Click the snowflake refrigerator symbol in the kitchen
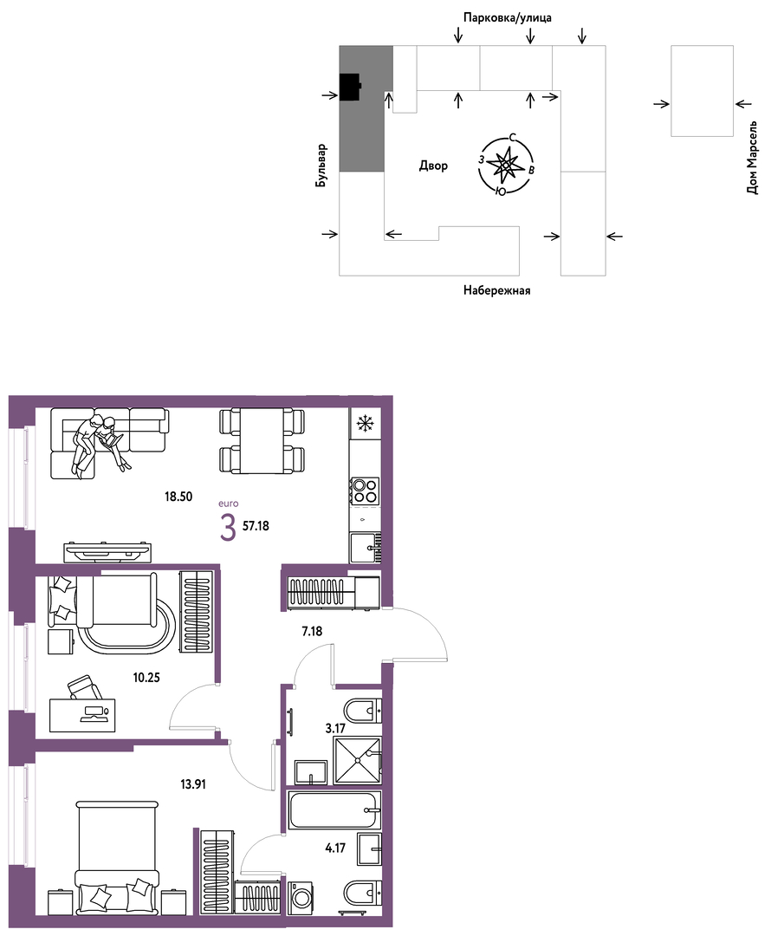point(364,424)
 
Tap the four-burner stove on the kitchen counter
point(364,490)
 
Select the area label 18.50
point(178,496)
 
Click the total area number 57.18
point(256,526)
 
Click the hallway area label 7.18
point(312,630)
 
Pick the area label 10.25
point(146,678)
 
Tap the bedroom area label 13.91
point(192,784)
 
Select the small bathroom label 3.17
point(335,728)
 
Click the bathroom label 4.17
point(335,848)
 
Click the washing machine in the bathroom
point(301,899)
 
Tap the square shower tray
point(357,760)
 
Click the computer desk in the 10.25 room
point(81,715)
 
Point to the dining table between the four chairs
point(262,441)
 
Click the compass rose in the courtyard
point(506,166)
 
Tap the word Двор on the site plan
point(433,166)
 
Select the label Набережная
point(497,290)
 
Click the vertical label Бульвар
point(322,166)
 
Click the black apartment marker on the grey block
point(350,88)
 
